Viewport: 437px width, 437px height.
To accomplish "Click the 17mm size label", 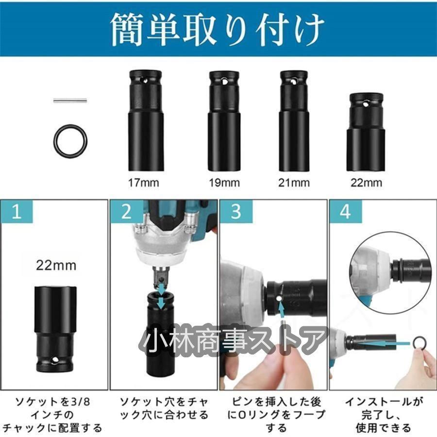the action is click(x=144, y=183).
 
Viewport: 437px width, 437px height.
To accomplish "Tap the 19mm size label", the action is click(x=224, y=183).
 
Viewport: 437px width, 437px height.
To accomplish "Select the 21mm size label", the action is click(x=294, y=183).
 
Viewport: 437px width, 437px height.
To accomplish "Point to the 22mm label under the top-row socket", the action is click(x=366, y=183).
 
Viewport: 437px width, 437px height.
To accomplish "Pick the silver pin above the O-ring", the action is click(x=70, y=101).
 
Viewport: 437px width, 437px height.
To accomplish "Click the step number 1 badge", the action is click(x=17, y=211).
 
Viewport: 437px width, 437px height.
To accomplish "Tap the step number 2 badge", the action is click(x=127, y=211).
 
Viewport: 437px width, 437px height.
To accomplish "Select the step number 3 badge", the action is click(x=236, y=211).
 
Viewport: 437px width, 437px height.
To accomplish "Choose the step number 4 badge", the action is click(x=346, y=211).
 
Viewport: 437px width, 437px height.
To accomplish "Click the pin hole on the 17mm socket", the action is click(x=145, y=81).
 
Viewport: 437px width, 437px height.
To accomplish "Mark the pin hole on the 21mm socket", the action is click(x=293, y=82).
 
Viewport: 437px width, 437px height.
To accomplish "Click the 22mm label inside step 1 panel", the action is click(x=56, y=265).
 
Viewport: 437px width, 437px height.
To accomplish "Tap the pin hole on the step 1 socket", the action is click(x=54, y=360).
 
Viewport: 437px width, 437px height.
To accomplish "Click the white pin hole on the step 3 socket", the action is click(x=279, y=299).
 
